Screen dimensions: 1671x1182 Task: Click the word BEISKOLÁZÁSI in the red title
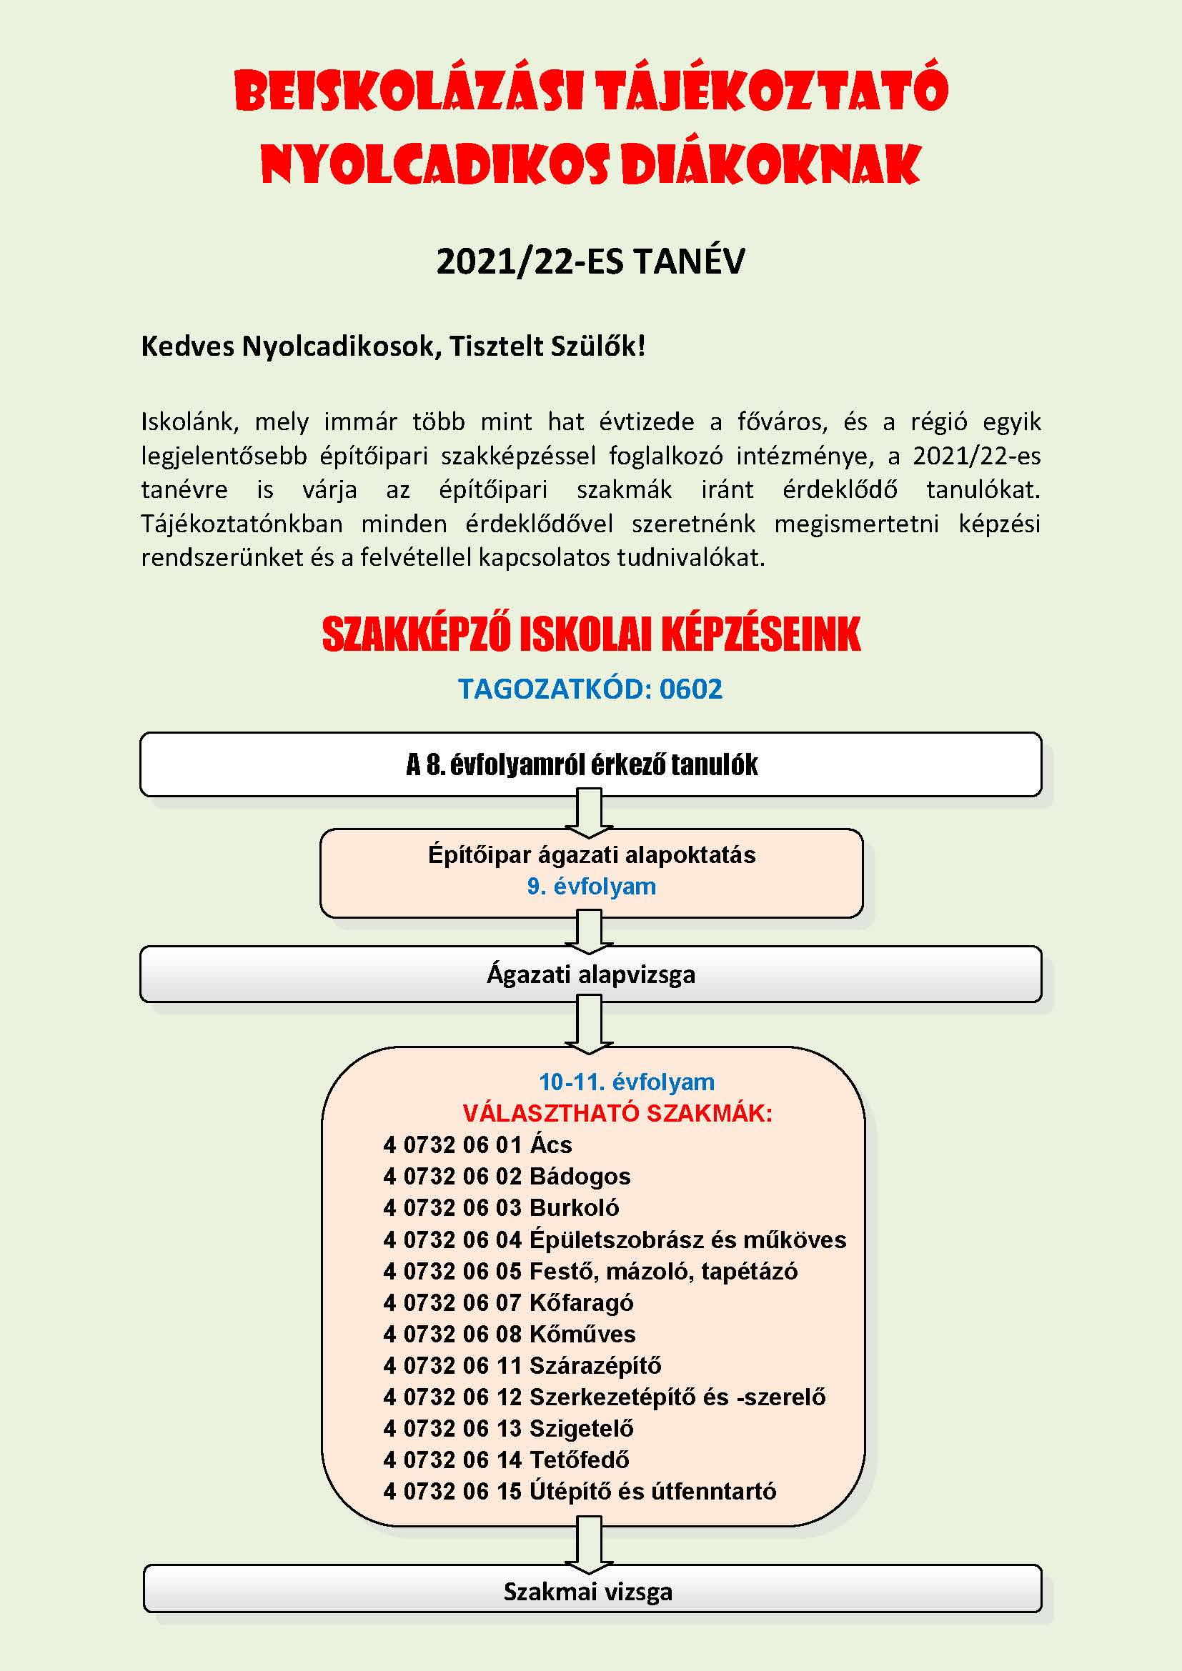click(408, 91)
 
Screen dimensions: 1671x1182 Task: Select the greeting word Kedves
click(188, 346)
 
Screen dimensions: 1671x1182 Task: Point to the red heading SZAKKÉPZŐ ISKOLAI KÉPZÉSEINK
click(591, 634)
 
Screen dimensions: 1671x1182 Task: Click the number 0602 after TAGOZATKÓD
click(691, 689)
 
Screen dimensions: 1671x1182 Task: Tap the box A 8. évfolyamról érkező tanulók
click(590, 765)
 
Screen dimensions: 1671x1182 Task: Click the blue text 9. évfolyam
click(591, 887)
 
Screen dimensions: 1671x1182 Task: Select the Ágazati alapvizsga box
click(590, 974)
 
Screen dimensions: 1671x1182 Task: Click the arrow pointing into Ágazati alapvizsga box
click(589, 933)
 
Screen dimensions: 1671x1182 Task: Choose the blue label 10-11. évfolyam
click(626, 1082)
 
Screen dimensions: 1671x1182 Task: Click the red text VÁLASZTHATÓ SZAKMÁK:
click(617, 1114)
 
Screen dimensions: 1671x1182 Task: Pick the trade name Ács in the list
click(551, 1145)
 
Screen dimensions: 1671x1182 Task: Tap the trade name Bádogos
click(580, 1177)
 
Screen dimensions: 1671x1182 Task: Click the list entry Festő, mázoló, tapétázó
click(663, 1272)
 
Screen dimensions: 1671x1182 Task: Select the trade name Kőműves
click(582, 1334)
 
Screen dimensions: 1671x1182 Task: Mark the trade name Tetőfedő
click(580, 1460)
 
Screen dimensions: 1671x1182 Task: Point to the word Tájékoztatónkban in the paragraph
click(242, 524)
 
